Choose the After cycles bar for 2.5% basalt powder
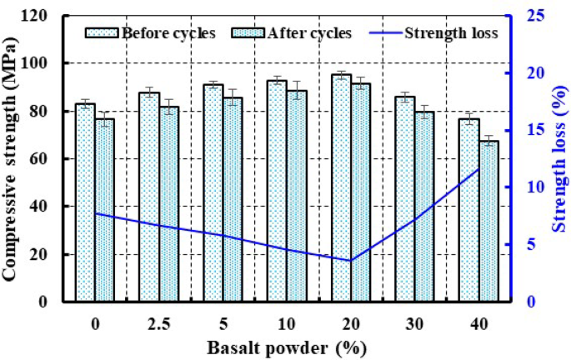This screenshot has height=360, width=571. (x=169, y=203)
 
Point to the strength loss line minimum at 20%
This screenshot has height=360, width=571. (x=351, y=260)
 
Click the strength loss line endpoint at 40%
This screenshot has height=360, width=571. (x=478, y=169)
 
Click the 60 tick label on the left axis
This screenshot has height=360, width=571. (x=49, y=158)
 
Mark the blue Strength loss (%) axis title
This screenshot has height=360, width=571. (x=556, y=158)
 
